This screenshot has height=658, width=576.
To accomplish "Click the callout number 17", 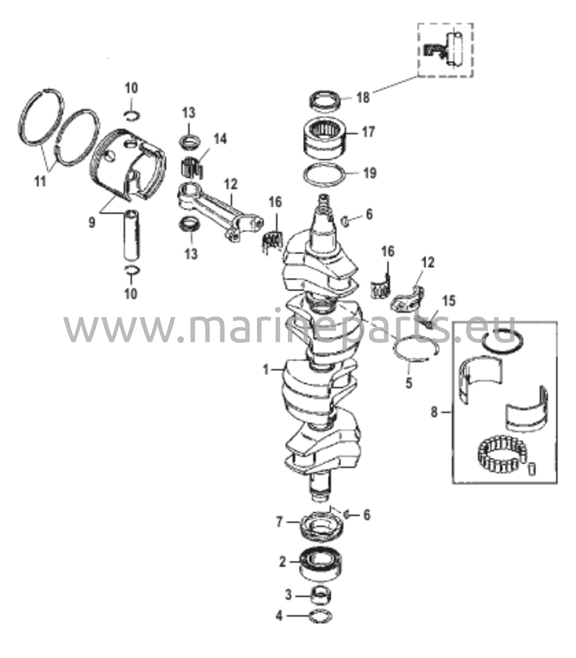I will [368, 132].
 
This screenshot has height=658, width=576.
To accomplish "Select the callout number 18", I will [364, 97].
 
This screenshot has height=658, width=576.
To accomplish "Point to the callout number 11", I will [40, 182].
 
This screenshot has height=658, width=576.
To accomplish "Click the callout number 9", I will [92, 222].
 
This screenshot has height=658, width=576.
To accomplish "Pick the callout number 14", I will [220, 139].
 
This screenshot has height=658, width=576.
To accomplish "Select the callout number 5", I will [409, 383].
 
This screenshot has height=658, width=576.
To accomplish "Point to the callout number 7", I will [279, 522].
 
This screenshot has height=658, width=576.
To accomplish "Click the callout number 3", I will [288, 595].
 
